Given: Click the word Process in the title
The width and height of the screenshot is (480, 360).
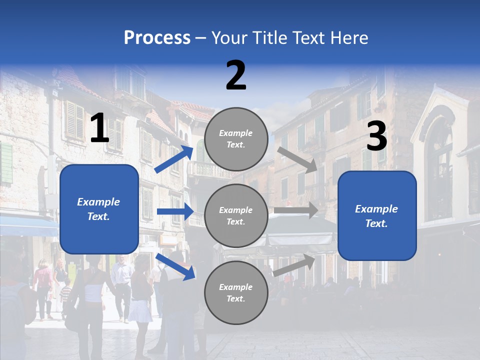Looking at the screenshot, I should click(157, 37).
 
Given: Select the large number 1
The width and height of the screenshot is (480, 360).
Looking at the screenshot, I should click(99, 128).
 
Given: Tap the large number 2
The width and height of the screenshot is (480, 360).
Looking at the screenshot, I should click(236, 75).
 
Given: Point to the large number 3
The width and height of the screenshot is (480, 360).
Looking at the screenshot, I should click(376, 136).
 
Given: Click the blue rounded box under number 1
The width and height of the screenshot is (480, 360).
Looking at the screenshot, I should click(99, 209).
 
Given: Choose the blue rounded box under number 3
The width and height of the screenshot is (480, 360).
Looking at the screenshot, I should click(377, 215).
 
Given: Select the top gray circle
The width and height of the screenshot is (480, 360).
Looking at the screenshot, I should click(236, 138).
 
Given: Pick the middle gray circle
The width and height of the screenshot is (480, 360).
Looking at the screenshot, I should click(236, 215).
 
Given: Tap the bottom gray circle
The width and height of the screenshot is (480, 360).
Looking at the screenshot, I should click(236, 292).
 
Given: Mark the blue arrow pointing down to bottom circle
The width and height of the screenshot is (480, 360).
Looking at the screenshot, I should click(175, 266).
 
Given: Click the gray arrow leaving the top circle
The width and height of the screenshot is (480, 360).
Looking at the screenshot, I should click(297, 159).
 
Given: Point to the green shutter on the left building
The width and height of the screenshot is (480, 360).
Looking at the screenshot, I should click(6, 162).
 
